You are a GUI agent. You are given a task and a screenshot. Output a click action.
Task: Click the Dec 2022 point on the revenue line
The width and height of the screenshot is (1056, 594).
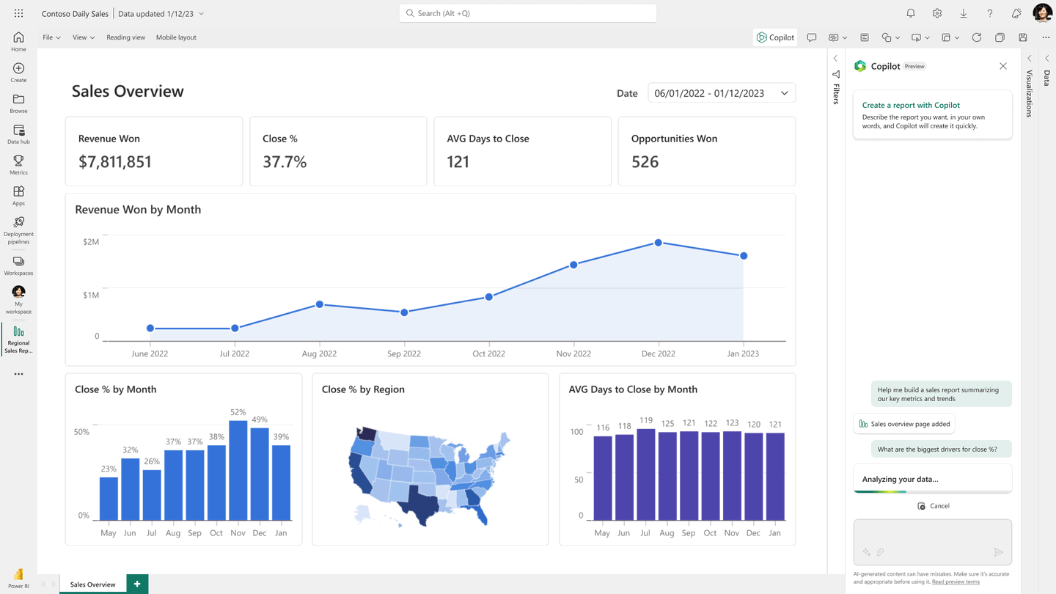658,243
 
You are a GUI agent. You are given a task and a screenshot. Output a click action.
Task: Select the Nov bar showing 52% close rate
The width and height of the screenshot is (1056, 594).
238,469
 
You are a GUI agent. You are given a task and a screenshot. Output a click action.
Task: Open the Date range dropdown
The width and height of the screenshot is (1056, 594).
721,93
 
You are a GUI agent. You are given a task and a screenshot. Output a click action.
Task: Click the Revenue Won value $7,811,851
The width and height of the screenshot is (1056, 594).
115,162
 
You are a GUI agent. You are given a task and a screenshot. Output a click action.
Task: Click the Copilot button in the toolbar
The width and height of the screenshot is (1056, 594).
775,37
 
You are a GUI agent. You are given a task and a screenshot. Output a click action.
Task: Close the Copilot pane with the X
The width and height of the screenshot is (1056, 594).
1002,66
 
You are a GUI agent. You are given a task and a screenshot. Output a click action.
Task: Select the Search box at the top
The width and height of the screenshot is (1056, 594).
528,13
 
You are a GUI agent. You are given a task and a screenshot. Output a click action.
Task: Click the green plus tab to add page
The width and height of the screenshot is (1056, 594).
137,584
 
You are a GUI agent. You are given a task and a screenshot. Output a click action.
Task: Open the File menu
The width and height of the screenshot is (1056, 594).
51,37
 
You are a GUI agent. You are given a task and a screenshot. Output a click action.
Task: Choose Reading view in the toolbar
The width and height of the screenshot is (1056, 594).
125,37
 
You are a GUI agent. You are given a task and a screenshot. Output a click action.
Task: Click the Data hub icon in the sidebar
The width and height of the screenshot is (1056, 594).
18,133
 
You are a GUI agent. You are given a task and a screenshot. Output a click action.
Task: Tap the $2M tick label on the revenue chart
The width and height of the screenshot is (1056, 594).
91,242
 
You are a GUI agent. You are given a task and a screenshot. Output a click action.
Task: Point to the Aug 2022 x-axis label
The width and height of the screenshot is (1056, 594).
319,353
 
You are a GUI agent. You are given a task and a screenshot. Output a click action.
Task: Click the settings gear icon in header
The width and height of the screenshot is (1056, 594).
936,13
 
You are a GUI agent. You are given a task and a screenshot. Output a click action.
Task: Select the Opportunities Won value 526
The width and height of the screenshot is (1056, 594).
645,162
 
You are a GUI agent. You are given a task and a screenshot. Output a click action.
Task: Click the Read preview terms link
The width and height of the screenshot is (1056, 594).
956,582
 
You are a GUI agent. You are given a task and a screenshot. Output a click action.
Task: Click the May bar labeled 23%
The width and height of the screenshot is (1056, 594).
109,499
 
